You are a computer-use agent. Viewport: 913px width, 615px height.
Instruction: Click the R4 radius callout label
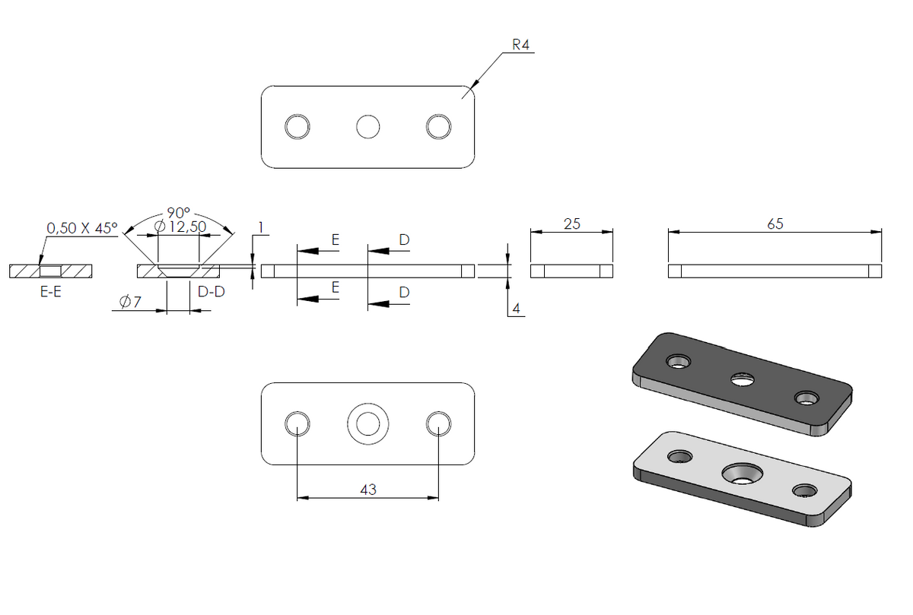[520, 44]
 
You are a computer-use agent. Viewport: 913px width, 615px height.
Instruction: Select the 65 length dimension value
[775, 223]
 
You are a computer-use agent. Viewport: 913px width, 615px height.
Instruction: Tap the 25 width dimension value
[571, 223]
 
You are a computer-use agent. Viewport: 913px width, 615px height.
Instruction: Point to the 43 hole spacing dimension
[368, 489]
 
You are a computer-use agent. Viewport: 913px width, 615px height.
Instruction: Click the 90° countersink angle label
[179, 213]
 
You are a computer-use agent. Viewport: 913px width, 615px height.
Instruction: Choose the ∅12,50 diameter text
[180, 227]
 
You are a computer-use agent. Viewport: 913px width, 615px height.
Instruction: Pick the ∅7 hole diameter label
[130, 301]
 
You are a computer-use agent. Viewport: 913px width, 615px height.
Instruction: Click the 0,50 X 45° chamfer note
[82, 228]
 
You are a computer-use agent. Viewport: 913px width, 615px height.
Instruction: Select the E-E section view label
[50, 292]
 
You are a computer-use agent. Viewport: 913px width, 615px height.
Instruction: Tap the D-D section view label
[212, 292]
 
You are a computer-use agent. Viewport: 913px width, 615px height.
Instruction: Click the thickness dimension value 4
[516, 309]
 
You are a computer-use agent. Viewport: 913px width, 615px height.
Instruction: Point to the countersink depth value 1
[261, 227]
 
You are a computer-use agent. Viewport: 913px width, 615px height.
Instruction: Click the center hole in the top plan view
[368, 127]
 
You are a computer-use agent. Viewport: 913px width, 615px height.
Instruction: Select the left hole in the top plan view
[297, 127]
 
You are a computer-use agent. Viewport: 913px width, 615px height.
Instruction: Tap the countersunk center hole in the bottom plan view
[368, 424]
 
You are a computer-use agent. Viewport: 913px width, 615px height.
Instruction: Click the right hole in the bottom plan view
[438, 424]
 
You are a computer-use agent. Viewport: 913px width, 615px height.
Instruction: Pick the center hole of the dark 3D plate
[743, 379]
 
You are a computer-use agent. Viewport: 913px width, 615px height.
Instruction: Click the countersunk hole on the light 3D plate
[743, 474]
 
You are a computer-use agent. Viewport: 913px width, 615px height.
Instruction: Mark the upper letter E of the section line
[335, 239]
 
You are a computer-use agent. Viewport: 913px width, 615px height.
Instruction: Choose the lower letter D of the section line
[404, 292]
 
